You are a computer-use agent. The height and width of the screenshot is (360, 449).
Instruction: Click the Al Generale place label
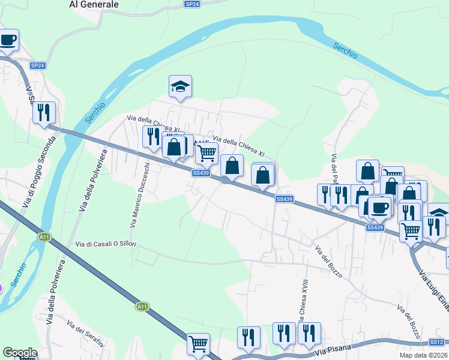click(x=94, y=4)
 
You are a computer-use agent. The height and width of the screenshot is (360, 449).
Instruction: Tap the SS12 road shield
click(x=436, y=342)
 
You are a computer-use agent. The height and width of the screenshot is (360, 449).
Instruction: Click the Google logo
click(x=19, y=353)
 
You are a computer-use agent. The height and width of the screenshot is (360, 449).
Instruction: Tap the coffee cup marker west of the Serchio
click(x=8, y=41)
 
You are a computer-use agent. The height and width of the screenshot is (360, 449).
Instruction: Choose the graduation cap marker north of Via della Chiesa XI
click(x=180, y=86)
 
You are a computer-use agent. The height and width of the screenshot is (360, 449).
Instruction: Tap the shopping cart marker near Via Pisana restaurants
click(x=198, y=344)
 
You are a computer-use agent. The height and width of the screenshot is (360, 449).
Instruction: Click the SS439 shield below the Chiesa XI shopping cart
click(x=201, y=173)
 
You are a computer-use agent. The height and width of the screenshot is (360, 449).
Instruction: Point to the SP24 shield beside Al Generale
click(x=192, y=4)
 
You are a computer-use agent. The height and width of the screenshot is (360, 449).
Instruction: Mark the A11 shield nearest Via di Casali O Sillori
click(x=44, y=236)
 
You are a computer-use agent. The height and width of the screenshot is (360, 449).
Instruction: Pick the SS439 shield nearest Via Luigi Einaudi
click(x=375, y=227)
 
